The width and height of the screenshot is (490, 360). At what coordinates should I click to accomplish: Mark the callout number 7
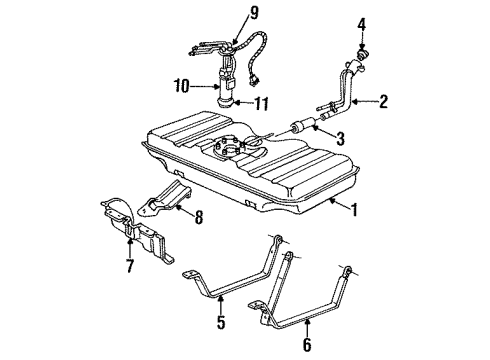[129, 267]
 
